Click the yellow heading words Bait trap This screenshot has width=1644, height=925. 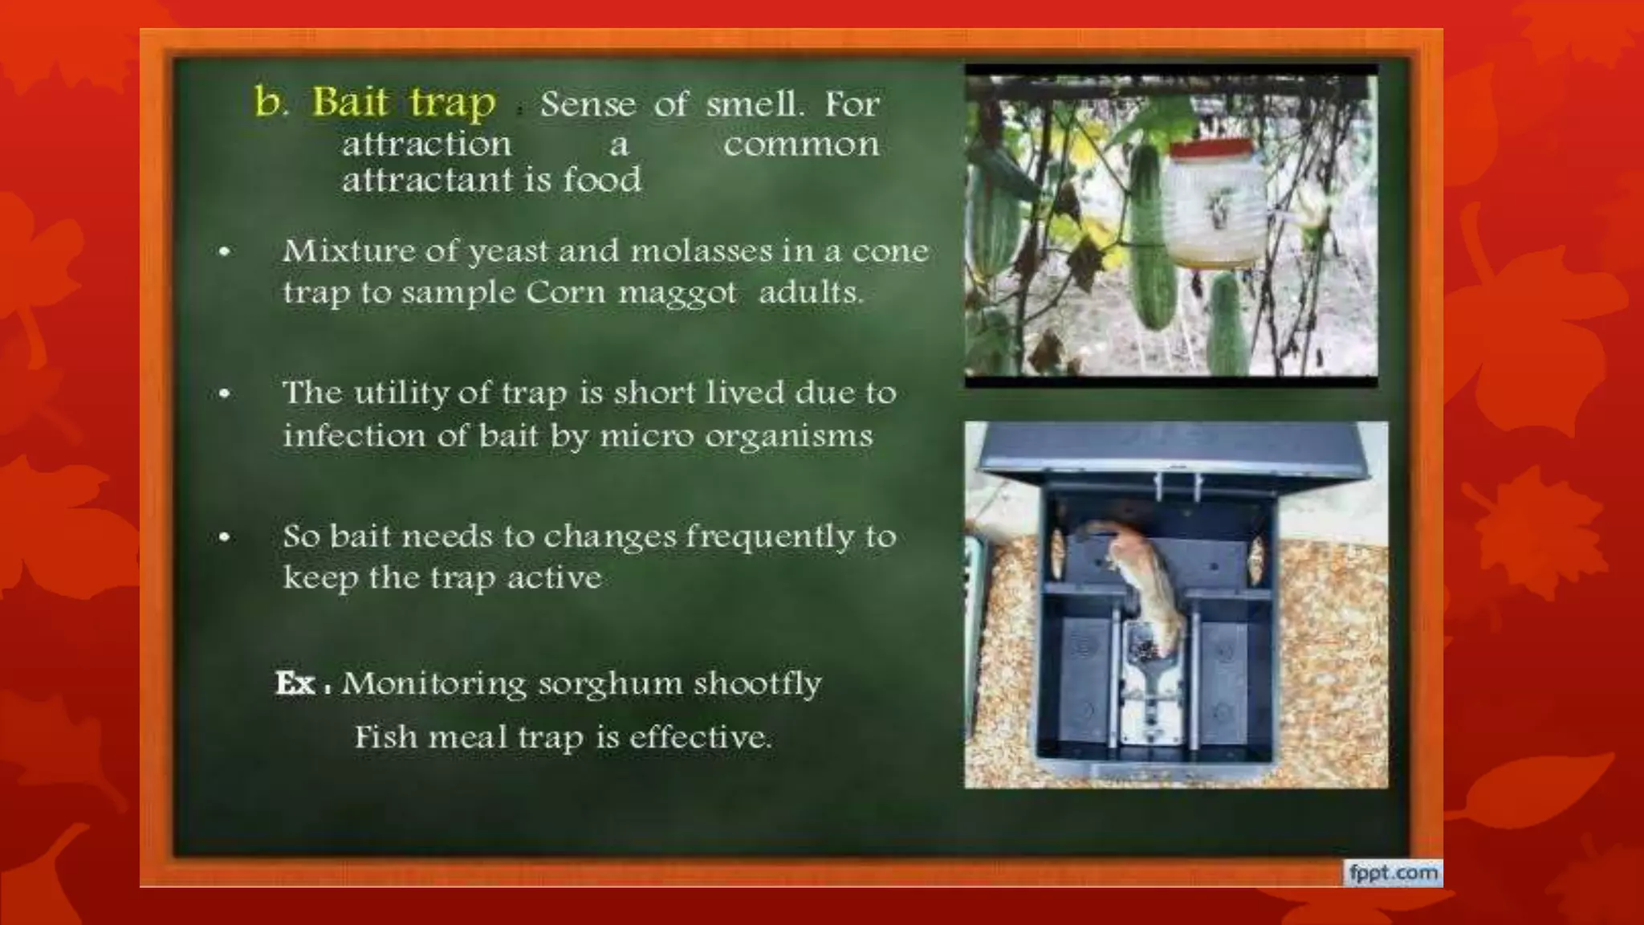coord(404,104)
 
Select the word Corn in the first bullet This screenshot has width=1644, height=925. coord(566,292)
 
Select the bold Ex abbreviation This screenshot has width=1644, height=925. coord(295,684)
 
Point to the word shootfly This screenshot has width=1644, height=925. coord(757,684)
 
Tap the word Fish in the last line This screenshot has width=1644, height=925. coord(385,737)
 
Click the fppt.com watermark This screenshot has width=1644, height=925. coord(1393,873)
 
